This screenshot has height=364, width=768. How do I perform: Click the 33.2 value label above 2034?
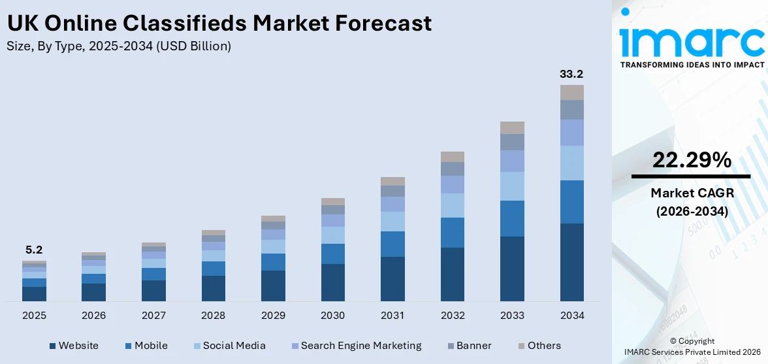(x=571, y=74)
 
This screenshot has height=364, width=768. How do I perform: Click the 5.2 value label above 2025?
(x=34, y=250)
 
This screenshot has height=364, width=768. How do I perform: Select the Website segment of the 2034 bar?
(x=571, y=262)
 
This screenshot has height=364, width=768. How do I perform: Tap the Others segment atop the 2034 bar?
(x=571, y=92)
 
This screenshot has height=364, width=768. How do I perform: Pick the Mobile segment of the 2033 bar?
(x=512, y=218)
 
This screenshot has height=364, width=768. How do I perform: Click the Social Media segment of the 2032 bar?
(x=453, y=205)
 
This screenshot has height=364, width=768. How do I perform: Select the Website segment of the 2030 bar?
(x=333, y=282)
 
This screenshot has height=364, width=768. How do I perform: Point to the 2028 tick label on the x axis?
(x=214, y=316)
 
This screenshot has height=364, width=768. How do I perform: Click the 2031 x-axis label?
(x=392, y=316)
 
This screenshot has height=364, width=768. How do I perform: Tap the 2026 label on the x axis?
(x=94, y=316)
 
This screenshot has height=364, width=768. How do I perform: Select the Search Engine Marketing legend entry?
(x=361, y=346)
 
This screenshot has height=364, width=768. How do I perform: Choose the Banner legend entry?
(x=474, y=346)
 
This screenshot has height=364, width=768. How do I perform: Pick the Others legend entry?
(x=544, y=346)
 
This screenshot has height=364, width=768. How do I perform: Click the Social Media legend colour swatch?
(x=195, y=346)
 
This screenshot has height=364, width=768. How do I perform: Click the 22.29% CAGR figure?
(x=691, y=159)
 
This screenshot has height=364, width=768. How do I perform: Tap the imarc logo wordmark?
(x=692, y=41)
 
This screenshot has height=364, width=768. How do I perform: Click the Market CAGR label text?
(x=691, y=193)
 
